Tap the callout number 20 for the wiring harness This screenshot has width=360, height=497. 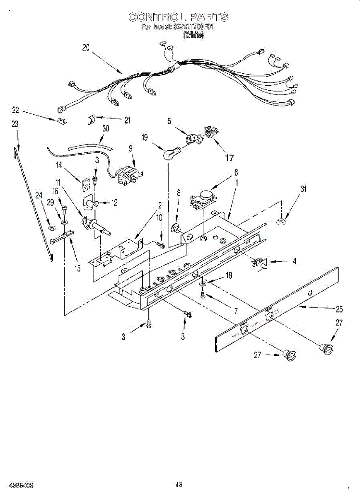[x=86, y=48]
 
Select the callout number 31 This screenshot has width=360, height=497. [x=304, y=189]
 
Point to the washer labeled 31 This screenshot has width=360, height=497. [x=281, y=222]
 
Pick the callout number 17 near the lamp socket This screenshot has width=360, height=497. [x=229, y=157]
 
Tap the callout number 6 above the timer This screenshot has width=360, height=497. [x=236, y=171]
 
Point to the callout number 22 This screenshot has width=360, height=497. [x=16, y=110]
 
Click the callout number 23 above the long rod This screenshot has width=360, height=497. [x=15, y=123]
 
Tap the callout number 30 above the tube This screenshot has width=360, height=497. [x=106, y=128]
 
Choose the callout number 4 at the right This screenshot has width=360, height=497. [x=295, y=261]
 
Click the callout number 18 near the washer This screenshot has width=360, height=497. [x=229, y=275]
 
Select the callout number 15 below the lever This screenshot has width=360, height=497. [x=77, y=268]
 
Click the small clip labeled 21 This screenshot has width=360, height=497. [x=91, y=121]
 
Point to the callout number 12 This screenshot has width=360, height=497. [x=114, y=203]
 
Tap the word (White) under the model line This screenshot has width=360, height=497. [x=193, y=35]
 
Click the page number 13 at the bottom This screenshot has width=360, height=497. [x=179, y=484]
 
